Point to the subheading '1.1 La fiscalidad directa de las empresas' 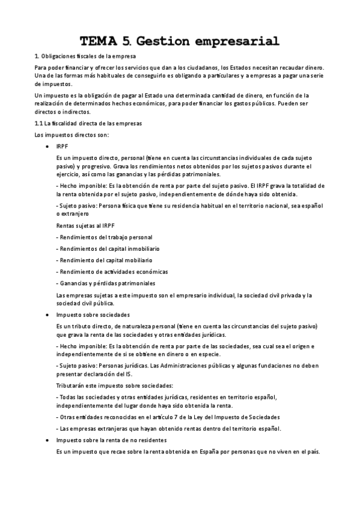[x=88, y=123]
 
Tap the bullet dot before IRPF [x=47, y=146]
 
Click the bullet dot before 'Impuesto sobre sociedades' [x=47, y=315]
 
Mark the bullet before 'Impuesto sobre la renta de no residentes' [x=47, y=441]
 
